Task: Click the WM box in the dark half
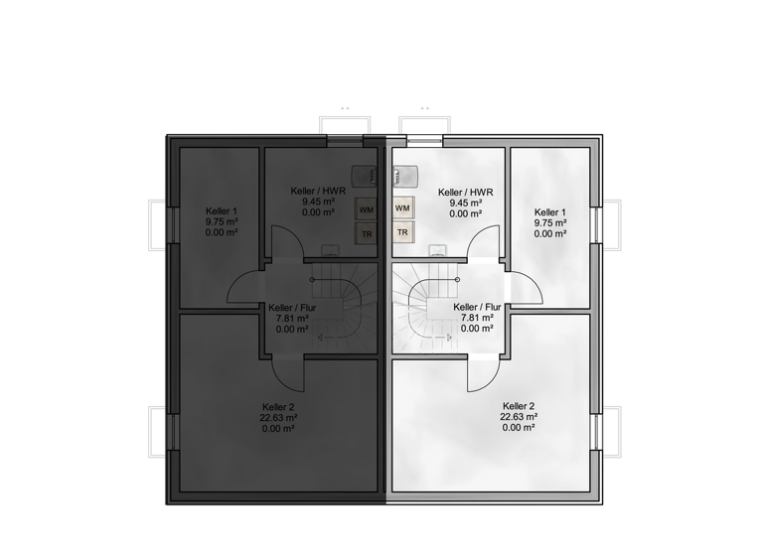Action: coord(367,209)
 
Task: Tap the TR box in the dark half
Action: coord(367,234)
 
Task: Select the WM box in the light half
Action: coord(402,209)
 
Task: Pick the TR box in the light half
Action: coord(402,233)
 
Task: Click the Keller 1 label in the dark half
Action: coord(222,211)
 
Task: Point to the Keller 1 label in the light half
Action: coord(550,212)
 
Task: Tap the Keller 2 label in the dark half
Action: coord(279,407)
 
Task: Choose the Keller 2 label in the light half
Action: coord(519,407)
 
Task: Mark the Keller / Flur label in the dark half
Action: coord(292,308)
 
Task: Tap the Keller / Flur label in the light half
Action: coord(477,308)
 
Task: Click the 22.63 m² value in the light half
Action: coord(519,418)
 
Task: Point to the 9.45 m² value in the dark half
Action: coord(318,202)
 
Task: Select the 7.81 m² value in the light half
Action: coord(477,318)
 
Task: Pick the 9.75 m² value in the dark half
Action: coord(222,222)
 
